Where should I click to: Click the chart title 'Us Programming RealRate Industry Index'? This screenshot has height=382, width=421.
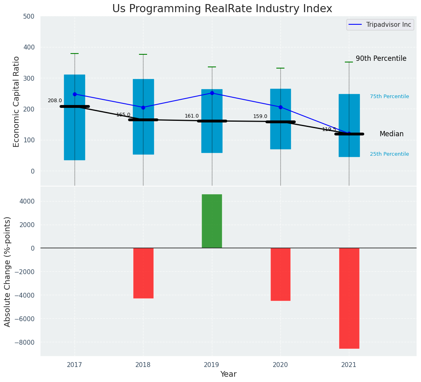222,9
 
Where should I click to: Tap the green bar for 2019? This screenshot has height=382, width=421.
212,221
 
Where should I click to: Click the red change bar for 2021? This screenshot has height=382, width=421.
349,298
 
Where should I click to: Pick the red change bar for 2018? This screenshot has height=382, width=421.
143,273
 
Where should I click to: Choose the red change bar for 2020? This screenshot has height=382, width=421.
280,274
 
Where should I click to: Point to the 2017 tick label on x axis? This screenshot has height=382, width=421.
75,365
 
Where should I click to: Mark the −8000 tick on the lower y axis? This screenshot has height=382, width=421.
24,342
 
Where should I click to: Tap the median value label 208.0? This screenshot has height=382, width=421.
55,101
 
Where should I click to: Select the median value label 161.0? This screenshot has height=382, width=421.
192,116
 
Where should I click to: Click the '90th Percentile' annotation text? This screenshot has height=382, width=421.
381,58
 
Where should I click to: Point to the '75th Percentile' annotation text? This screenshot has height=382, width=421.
389,97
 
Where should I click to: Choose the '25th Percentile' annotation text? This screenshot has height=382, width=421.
389,154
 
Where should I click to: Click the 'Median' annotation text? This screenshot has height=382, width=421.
391,134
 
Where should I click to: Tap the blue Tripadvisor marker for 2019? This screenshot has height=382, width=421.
212,93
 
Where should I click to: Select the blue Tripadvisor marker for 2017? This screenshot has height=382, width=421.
75,94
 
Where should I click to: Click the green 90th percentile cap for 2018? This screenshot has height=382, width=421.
143,54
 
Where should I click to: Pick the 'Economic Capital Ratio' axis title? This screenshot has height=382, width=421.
17,101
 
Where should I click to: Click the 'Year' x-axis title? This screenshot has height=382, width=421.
228,374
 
